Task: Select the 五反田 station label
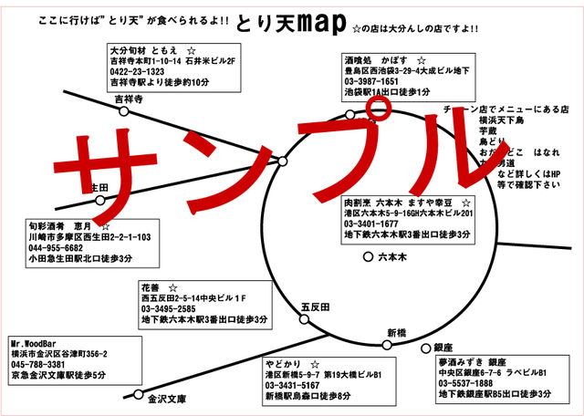click(314, 307)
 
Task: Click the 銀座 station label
click(443, 348)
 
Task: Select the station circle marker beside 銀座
click(424, 348)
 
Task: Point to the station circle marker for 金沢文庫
click(139, 397)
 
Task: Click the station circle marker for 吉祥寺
click(125, 112)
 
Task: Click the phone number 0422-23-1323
click(137, 71)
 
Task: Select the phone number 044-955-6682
click(56, 247)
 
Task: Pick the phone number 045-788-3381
click(37, 363)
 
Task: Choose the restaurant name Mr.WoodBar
click(36, 341)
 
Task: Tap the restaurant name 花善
click(151, 286)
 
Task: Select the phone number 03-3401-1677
click(371, 224)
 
